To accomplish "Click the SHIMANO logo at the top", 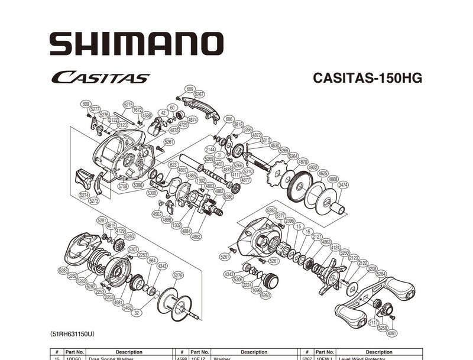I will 136,44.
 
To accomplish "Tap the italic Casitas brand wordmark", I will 100,77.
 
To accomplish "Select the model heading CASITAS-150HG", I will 367,78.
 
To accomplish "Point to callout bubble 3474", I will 343,185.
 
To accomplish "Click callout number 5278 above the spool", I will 178,275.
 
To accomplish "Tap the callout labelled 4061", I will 393,334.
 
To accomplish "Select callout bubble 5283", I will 63,270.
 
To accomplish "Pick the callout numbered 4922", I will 313,167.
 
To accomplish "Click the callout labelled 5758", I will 123,186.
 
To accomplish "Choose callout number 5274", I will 84,194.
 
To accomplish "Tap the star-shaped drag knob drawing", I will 328,275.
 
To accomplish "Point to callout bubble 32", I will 137,313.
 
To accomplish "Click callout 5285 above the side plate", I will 271,210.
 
